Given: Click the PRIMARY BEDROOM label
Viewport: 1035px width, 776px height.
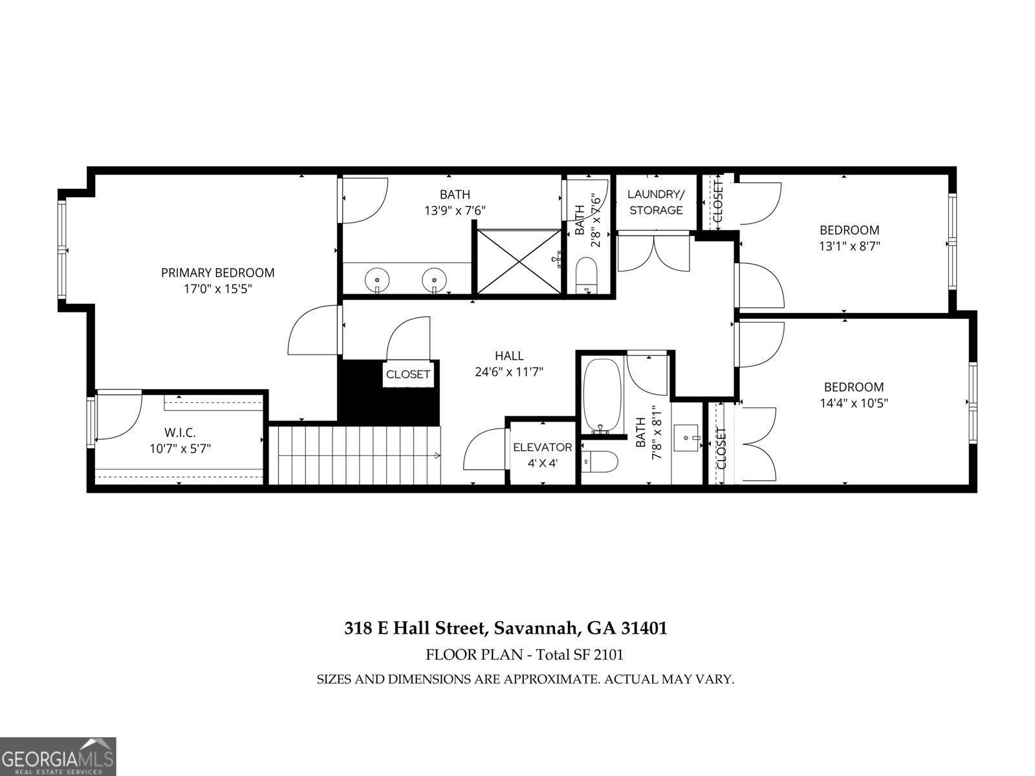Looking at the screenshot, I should (217, 273).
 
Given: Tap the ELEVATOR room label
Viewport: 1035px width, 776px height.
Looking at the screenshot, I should (542, 447).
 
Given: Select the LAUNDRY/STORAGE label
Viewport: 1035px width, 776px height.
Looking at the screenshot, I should (656, 202).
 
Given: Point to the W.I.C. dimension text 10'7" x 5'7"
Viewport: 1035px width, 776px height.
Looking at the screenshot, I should (180, 447).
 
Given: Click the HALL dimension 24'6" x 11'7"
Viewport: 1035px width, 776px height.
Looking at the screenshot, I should (509, 372).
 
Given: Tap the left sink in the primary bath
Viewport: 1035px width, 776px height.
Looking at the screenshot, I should (377, 281).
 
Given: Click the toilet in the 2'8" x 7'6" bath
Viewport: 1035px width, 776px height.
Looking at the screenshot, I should (587, 274).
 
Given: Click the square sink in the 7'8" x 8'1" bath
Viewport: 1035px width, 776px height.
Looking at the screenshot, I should (686, 438).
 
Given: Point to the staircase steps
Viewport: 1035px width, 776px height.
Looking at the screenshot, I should (354, 455).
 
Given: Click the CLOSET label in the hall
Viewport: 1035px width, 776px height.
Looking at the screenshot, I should (408, 374).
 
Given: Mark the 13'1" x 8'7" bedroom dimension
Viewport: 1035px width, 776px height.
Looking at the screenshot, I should (849, 246).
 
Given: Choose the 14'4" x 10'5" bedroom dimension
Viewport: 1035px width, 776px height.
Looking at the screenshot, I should (853, 403).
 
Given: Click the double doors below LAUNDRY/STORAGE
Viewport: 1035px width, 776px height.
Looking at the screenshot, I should (654, 253).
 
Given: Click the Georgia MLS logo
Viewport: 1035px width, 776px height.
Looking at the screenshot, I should (58, 756).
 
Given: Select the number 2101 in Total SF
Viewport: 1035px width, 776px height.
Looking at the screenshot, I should (607, 654).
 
